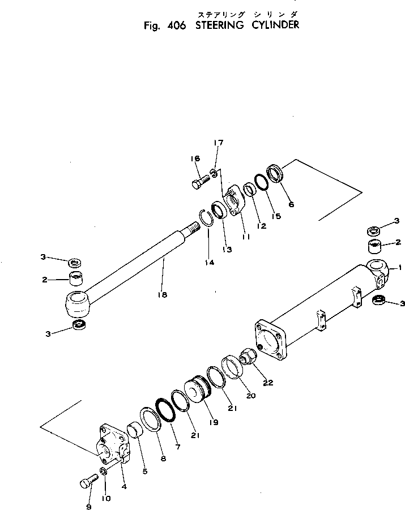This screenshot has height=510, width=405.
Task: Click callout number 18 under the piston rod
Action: pos(162,294)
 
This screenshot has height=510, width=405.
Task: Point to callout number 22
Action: pos(267,383)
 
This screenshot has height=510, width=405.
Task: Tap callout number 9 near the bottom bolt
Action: pos(88,507)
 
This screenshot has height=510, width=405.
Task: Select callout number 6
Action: pos(291,204)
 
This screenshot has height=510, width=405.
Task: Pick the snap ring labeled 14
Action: pos(206,218)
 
